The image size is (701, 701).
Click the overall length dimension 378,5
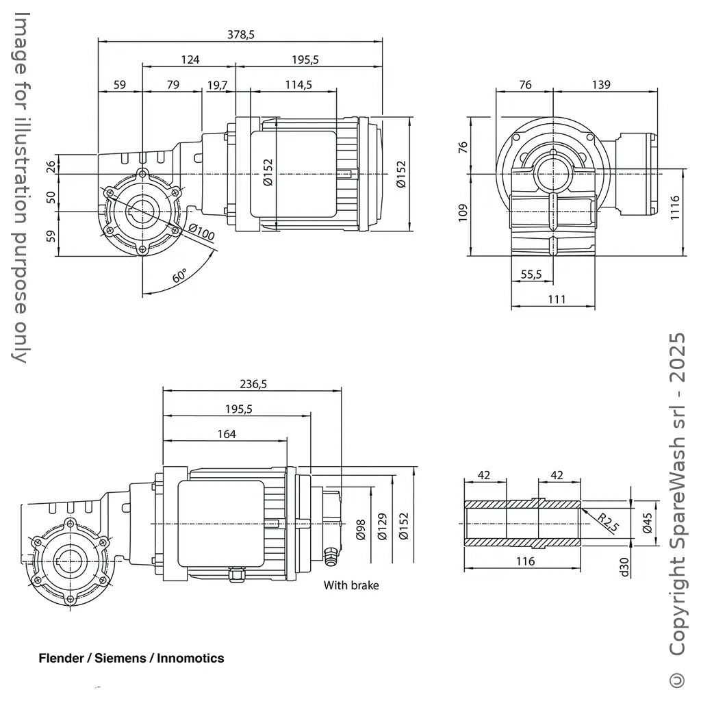(240, 35)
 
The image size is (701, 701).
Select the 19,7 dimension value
(217, 85)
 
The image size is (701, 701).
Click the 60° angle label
(179, 277)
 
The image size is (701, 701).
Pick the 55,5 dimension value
(531, 274)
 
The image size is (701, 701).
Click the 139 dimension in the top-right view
(600, 85)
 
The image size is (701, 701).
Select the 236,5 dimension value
(253, 384)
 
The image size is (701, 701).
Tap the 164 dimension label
(226, 434)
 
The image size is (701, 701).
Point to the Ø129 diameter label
(382, 526)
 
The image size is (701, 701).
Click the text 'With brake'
(350, 585)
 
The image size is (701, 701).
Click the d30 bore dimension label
(624, 567)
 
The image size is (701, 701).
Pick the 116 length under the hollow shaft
(524, 561)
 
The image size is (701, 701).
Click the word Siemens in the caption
(120, 659)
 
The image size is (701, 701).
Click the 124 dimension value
(190, 60)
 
